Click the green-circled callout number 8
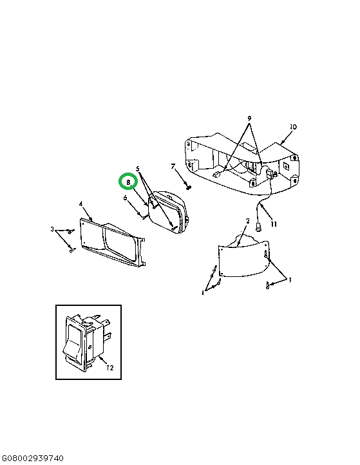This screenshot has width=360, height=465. pos(128,182)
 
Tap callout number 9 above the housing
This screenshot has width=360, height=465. pos(249,119)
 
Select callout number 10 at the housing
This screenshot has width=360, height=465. pos(293,127)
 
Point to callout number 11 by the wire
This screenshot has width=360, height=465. pos(274,224)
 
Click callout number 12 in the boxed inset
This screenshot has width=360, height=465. pos(109,368)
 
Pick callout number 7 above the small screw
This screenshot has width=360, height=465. pos(173,166)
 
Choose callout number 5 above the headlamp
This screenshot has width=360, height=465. pos(138,169)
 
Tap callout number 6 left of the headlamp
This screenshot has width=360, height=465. pos(125,198)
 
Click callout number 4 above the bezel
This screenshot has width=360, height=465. pos(81,204)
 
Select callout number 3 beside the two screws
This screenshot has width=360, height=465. pos(52,229)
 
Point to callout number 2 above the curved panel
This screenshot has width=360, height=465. pos(247,221)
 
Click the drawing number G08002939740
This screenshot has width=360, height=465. pos(32,459)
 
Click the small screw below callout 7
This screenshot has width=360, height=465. pos(188,187)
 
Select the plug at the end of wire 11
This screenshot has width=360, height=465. pos(258,228)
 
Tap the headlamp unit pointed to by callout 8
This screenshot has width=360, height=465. pos(168,212)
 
